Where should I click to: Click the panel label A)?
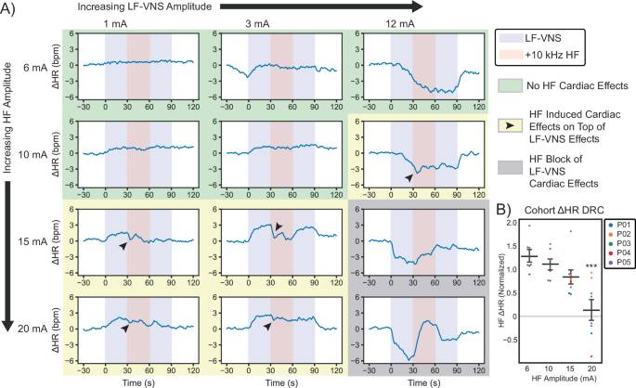tap(11, 9)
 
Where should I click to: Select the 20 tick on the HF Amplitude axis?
tap(591, 369)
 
